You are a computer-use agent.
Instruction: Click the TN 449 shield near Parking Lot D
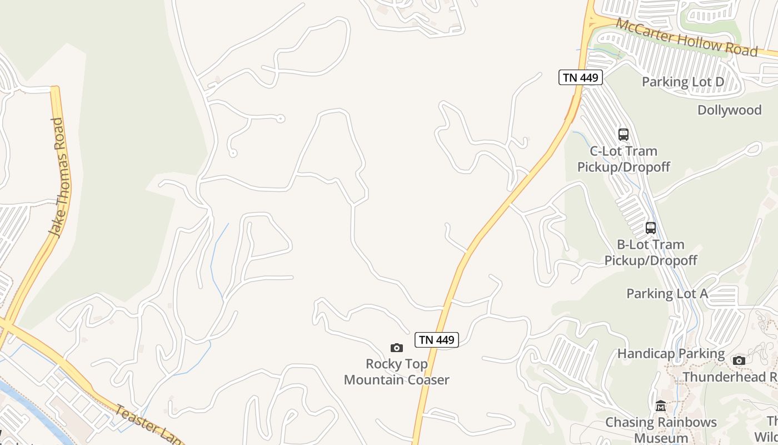581,77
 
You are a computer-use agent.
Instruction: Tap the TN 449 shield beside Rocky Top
437,340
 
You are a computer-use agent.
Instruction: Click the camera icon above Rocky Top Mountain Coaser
396,348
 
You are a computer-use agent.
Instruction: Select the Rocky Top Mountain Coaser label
396,372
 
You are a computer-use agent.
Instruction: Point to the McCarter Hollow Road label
687,37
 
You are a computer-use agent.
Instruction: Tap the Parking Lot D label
683,82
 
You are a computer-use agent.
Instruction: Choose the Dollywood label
729,110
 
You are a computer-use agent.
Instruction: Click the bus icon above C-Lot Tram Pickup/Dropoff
624,134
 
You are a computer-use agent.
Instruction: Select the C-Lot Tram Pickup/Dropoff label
624,159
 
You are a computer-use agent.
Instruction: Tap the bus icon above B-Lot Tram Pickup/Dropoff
650,228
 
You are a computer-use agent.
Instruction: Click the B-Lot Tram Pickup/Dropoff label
651,252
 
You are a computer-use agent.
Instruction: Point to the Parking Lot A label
667,293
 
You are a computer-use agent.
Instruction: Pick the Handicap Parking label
671,353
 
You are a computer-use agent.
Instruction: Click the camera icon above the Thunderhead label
739,360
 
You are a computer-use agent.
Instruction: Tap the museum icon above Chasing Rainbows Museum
661,406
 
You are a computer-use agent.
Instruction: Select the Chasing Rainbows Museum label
661,429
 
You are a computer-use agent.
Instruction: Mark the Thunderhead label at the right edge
730,377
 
